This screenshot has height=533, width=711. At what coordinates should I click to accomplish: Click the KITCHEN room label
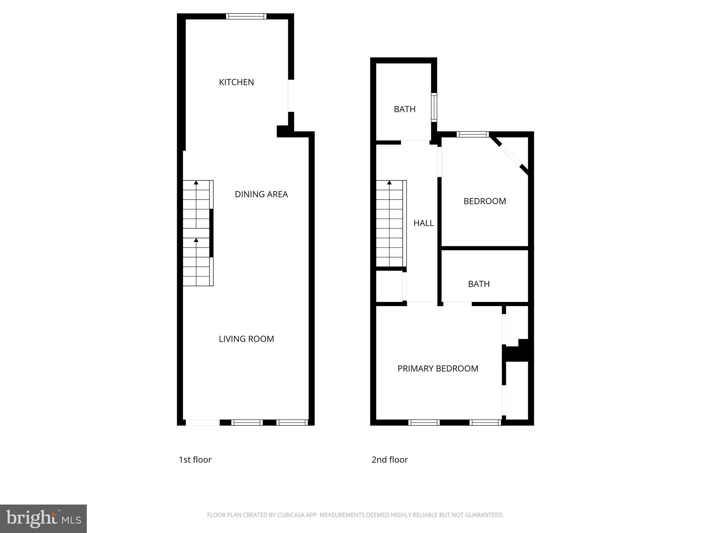236,82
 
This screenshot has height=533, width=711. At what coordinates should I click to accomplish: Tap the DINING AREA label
261,194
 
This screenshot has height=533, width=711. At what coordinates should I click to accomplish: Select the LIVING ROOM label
246,339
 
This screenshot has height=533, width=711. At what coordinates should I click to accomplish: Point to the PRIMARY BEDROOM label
437,369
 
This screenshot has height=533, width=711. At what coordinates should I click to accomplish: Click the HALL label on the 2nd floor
423,223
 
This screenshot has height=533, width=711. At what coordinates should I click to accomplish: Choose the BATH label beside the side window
404,109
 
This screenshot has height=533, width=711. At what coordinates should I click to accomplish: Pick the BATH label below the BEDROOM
479,284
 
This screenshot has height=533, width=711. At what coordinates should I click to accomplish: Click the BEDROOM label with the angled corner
485,201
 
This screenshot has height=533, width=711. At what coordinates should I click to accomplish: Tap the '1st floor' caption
195,460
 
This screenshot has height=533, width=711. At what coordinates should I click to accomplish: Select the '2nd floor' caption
390,460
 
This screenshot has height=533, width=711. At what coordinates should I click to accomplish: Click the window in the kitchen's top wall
246,16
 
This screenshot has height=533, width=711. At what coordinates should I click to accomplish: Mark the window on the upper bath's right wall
434,107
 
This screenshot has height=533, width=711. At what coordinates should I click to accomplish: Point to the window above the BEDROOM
472,134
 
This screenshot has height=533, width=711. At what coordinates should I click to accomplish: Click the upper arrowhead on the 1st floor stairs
196,182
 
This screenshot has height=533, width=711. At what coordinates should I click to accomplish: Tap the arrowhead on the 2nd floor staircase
389,182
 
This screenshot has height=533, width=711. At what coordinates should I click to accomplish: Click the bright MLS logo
43,518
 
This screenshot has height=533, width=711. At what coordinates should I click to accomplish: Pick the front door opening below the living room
203,422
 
